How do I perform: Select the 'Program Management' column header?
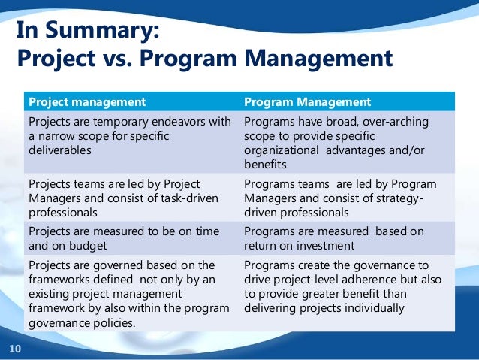tap(308, 101)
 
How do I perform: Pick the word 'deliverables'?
tap(59, 150)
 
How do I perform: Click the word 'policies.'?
tap(113, 322)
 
